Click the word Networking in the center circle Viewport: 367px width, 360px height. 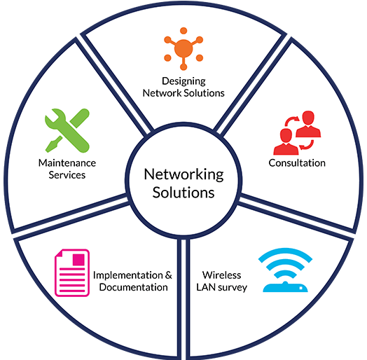click(183, 175)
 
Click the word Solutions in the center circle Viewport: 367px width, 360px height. click(183, 193)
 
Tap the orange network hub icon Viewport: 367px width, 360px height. click(183, 49)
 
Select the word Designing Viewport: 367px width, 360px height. click(183, 82)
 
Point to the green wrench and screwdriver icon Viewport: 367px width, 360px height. click(67, 130)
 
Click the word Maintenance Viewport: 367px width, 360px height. click(67, 163)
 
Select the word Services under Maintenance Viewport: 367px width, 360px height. click(67, 175)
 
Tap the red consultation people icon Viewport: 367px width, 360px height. click(297, 133)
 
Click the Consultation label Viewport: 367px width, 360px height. click(297, 163)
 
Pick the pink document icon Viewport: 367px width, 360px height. click(72, 273)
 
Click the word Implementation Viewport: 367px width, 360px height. click(127, 275)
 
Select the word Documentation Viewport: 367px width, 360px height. click(133, 287)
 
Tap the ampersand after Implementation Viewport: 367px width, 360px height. click(169, 275)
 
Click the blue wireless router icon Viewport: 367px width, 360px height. click(285, 270)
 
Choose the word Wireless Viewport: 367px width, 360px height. click(221, 275)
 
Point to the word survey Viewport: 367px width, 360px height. click(233, 288)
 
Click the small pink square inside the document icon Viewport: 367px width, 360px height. click(78, 260)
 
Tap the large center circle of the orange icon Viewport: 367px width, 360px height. click(183, 49)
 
